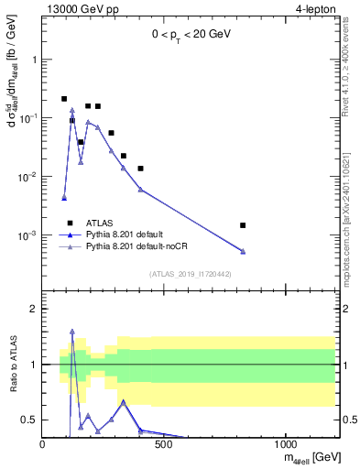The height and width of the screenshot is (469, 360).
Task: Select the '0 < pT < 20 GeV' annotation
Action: tap(192, 34)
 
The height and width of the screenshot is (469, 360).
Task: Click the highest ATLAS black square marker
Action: tap(64, 98)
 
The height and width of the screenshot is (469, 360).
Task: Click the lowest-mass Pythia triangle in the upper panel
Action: tap(64, 197)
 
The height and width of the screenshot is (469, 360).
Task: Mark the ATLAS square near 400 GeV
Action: tap(140, 169)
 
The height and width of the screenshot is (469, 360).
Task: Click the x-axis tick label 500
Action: tap(164, 446)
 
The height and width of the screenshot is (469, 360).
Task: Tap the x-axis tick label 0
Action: tap(43, 446)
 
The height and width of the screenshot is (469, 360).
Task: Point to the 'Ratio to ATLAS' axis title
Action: tap(13, 365)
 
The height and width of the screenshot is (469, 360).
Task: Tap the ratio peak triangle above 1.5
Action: tap(72, 332)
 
